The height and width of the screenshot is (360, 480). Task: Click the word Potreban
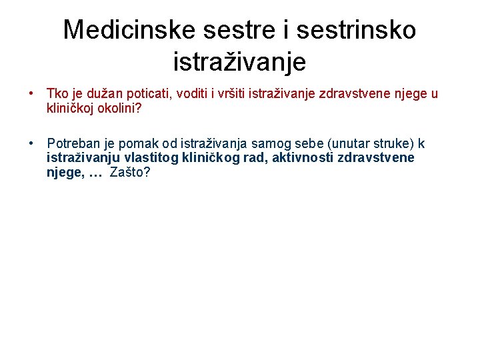click(72, 144)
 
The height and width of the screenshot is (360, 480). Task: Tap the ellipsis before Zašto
click(95, 172)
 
